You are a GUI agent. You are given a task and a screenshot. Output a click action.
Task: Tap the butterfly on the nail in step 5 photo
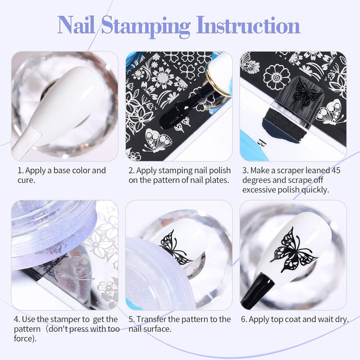coord(175,247)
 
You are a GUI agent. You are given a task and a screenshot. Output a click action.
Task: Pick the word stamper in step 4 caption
coord(75,319)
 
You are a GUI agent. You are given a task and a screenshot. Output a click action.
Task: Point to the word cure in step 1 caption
coord(26,180)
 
